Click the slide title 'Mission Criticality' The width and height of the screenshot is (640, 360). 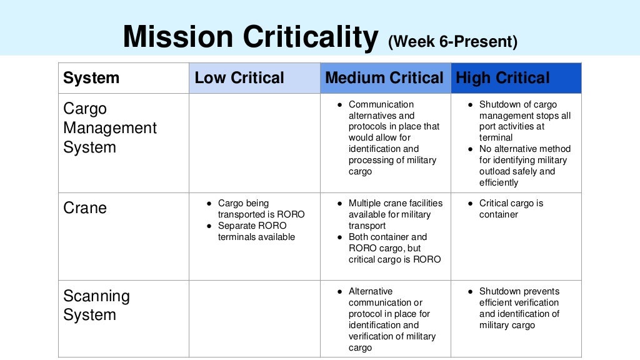pyautogui.click(x=249, y=37)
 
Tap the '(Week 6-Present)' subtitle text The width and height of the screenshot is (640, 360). pyautogui.click(x=452, y=42)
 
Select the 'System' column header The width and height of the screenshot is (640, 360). pyautogui.click(x=91, y=78)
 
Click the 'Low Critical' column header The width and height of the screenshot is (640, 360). pyautogui.click(x=239, y=78)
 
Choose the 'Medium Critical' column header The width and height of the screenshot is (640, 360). pyautogui.click(x=384, y=78)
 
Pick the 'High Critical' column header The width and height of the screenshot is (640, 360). pyautogui.click(x=502, y=78)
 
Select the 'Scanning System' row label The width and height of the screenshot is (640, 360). pyautogui.click(x=96, y=305)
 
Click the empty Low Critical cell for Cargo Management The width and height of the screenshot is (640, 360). pyautogui.click(x=254, y=143)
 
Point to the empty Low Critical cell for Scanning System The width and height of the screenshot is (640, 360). pyautogui.click(x=254, y=319)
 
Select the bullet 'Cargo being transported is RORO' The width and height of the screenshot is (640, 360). pyautogui.click(x=261, y=209)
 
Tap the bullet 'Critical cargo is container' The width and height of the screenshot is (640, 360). pyautogui.click(x=511, y=209)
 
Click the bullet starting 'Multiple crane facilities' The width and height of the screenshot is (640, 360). pyautogui.click(x=395, y=214)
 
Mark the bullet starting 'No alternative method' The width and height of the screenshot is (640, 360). pyautogui.click(x=524, y=166)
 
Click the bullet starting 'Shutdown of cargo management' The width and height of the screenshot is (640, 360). pyautogui.click(x=524, y=121)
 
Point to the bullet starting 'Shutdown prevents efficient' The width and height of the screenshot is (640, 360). pyautogui.click(x=519, y=308)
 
